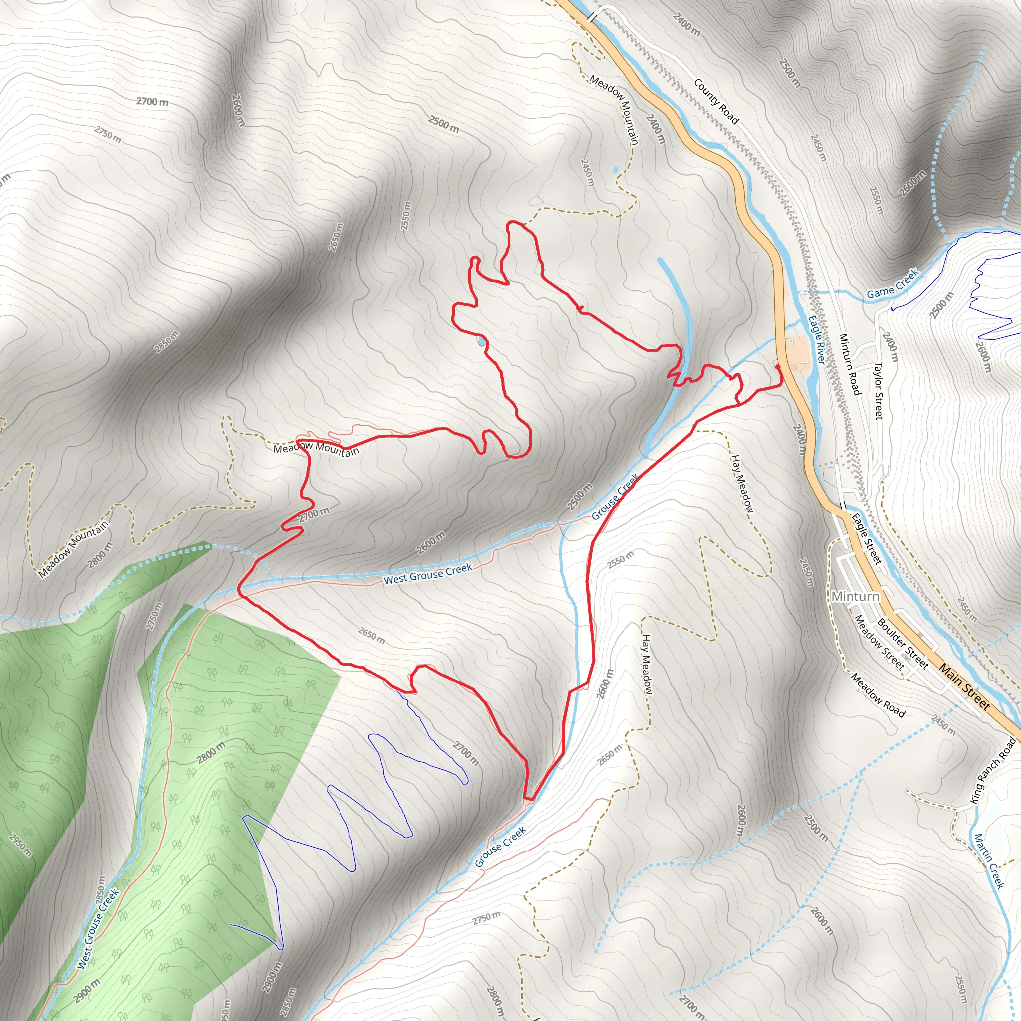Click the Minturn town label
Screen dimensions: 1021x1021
[855, 596]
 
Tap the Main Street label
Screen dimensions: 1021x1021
[964, 686]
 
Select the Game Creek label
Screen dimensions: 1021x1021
[893, 284]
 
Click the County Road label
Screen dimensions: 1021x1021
[716, 101]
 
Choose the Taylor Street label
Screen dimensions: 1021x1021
[878, 390]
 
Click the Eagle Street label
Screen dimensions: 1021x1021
[866, 538]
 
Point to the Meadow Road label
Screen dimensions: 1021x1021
[878, 694]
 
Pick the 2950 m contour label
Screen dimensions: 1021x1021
[20, 845]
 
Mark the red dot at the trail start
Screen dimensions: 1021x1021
[777, 367]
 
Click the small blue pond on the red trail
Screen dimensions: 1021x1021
[481, 341]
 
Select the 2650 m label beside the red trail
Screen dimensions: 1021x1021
[371, 635]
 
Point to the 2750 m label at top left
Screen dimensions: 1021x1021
[108, 134]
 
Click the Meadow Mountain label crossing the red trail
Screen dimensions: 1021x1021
[316, 449]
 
